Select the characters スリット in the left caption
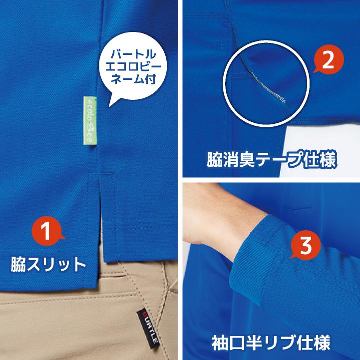(57, 264)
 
